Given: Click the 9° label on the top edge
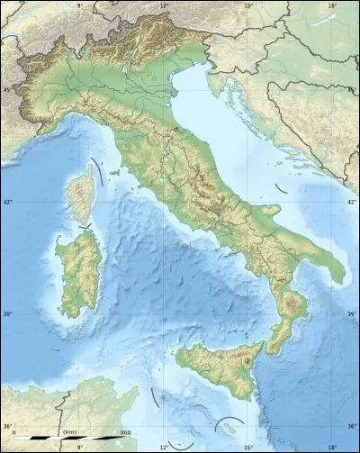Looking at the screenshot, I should [x=79, y=5].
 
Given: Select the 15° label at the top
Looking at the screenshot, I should [x=248, y=5].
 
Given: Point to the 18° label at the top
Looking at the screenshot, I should [x=332, y=5].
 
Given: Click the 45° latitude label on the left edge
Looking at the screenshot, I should [x=7, y=90].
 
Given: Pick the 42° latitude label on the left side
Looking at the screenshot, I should [x=7, y=202].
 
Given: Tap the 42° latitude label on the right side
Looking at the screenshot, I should [x=352, y=202].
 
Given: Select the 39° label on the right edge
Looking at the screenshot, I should [x=352, y=313].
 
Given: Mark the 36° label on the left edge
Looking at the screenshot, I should [x=7, y=426].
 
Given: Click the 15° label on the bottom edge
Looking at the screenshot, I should [x=249, y=447].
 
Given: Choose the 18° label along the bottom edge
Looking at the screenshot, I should [x=332, y=447].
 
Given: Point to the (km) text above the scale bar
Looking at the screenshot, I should [x=68, y=433].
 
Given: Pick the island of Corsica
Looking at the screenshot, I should [x=84, y=191].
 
